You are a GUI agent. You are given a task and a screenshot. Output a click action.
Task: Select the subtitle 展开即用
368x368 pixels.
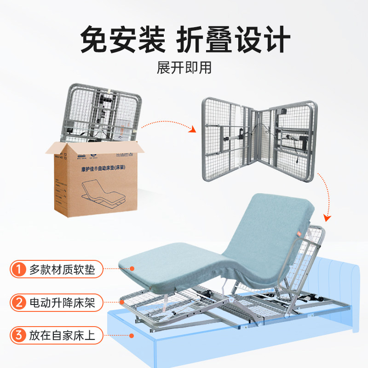click(184, 68)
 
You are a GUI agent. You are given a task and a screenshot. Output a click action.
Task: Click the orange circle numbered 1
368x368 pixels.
click(18, 270)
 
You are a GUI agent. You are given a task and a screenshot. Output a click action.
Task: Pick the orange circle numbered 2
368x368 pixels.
click(18, 303)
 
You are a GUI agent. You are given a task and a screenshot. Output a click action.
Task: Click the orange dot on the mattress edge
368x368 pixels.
click(132, 268)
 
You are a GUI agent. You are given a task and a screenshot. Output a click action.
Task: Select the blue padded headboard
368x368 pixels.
click(340, 285)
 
